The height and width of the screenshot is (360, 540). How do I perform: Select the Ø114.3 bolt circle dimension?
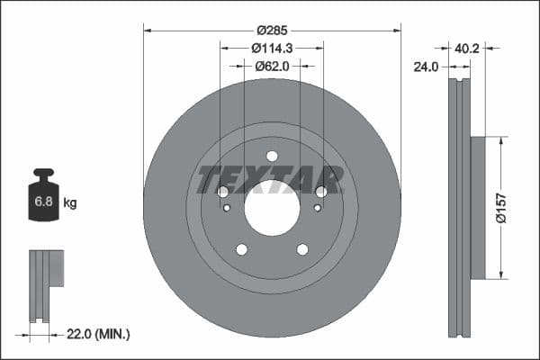(x=271, y=47)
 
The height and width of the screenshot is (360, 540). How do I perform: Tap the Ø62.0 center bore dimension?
(x=271, y=65)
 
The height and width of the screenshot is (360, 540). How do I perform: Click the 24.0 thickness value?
(x=427, y=66)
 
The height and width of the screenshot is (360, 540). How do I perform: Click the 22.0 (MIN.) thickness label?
(x=100, y=334)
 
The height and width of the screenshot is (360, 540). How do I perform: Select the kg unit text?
(x=70, y=203)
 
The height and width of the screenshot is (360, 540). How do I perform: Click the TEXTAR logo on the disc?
(x=271, y=179)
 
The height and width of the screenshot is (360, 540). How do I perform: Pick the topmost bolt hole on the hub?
(x=272, y=156)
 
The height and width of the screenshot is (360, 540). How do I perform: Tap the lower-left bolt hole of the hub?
(x=241, y=249)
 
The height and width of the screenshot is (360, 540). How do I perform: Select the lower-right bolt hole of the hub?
(x=302, y=249)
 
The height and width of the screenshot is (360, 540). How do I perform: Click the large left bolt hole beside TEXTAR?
(x=223, y=192)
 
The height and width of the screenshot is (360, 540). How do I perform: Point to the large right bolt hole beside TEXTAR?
(x=320, y=192)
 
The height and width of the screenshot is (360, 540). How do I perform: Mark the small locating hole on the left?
(x=227, y=208)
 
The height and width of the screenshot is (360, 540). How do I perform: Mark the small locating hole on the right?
(x=317, y=208)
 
